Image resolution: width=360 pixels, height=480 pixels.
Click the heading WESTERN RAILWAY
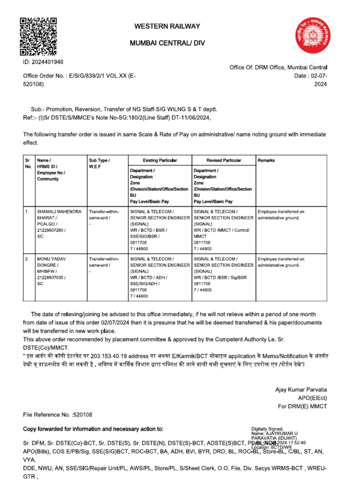coord(167,26)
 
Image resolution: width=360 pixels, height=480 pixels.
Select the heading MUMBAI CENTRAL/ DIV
coord(167,44)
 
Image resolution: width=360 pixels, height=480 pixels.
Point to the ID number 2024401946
coord(44,62)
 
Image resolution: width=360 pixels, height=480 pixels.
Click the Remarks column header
coord(266,160)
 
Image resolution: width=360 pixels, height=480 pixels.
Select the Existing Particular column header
coord(160,160)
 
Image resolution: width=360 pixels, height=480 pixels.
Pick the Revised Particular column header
coord(224,160)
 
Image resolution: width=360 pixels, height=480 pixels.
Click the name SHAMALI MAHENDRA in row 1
coord(59,212)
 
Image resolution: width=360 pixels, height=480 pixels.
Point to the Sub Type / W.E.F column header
coord(99,163)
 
